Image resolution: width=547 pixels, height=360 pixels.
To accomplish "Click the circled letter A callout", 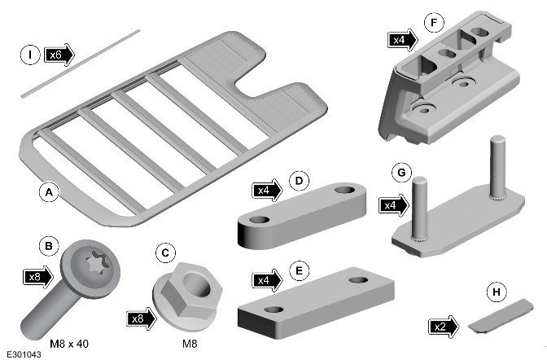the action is click(49, 191).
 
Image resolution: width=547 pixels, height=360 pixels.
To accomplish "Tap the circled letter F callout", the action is click(434, 23).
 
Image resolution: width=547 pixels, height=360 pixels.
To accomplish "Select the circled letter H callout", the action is click(496, 292).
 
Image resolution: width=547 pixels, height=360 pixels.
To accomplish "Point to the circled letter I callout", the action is click(30, 55).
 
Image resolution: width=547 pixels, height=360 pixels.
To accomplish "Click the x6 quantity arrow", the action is click(59, 55).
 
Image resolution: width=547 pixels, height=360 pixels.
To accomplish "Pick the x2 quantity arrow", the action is click(444, 327).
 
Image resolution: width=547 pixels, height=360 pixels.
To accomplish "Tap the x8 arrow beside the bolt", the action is click(37, 277).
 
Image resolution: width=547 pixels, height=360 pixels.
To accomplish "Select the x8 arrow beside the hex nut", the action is click(142, 318).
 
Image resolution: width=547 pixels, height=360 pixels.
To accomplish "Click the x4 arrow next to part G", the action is click(394, 205).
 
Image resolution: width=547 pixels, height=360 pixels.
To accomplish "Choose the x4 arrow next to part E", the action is click(267, 280).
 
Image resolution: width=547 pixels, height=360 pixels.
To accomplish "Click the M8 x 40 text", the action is click(69, 344).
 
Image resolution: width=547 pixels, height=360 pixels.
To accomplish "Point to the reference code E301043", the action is click(24, 354).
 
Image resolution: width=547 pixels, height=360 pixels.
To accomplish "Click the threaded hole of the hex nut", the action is click(197, 283).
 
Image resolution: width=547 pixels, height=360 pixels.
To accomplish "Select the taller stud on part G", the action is click(497, 168).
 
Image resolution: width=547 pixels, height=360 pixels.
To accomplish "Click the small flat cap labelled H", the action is click(501, 316).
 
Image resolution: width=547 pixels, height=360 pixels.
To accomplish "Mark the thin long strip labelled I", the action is click(81, 64).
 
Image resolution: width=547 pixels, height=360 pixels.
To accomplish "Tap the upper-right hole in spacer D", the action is click(344, 191).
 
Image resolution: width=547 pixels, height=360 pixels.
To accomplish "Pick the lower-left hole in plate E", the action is click(273, 310).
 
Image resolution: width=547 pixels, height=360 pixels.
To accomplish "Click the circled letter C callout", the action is click(165, 253).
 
